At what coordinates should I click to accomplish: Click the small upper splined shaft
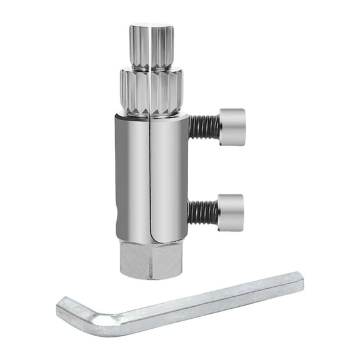(151, 46)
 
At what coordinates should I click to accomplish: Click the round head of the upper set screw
(232, 127)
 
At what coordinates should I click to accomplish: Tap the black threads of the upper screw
(204, 127)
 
